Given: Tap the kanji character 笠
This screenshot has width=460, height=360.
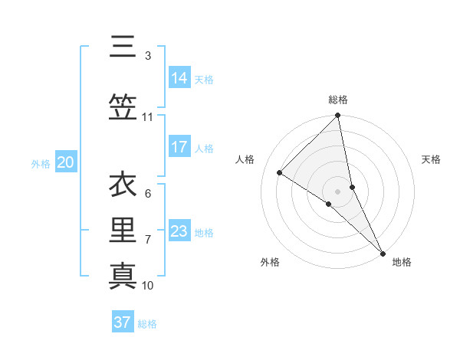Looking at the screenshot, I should click(123, 108).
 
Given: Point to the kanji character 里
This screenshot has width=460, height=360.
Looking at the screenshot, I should click(123, 231).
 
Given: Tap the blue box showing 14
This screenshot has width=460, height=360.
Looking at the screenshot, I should click(179, 78).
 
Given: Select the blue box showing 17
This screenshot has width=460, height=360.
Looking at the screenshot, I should click(179, 147).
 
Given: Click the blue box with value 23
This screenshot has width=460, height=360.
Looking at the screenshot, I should click(179, 231).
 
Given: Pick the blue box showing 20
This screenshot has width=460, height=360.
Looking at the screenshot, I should click(66, 162).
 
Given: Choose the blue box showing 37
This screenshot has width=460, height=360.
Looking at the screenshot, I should click(123, 322).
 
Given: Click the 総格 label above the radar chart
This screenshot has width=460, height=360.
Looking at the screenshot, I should click(338, 100).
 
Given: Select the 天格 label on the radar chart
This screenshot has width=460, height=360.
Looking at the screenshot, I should click(431, 159).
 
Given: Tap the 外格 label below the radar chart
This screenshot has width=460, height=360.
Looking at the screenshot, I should click(270, 263).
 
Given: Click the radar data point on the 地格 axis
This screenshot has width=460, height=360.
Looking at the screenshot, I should click(383, 252).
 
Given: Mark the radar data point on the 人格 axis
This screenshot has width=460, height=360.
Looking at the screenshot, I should click(280, 172).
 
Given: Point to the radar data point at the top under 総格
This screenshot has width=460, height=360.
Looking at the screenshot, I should click(338, 116).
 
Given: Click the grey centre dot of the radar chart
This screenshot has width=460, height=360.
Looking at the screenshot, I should click(337, 191).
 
